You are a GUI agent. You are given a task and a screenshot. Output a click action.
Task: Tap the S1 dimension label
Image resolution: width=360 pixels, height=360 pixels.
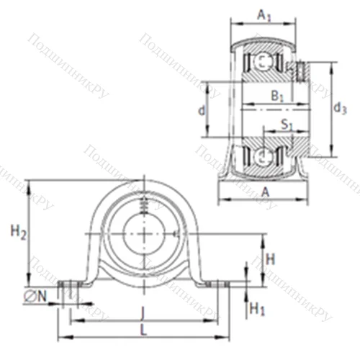pyautogui.click(x=286, y=124)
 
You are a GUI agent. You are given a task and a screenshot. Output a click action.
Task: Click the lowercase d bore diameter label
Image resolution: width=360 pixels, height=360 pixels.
pyautogui.click(x=202, y=110)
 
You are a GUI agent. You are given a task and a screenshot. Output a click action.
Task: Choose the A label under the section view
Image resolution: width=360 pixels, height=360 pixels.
pyautogui.click(x=265, y=191)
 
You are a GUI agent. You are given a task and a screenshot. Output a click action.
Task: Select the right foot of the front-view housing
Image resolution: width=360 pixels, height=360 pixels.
pyautogui.click(x=216, y=284)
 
